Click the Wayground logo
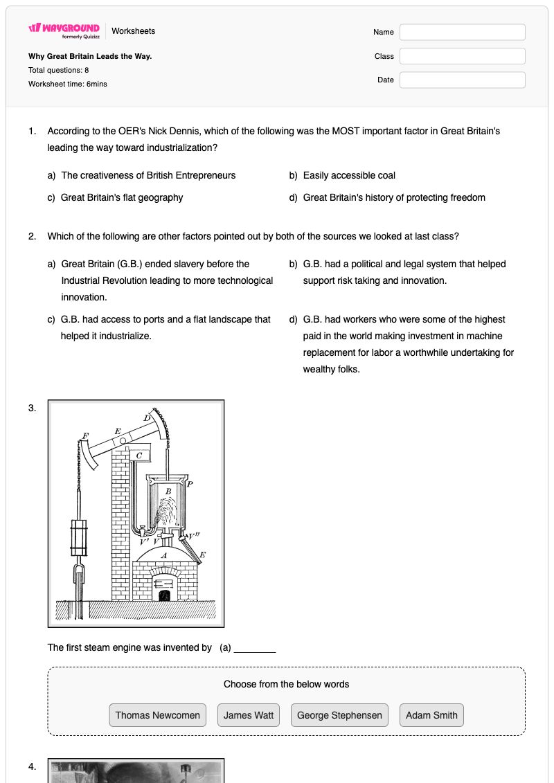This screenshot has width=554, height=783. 64,30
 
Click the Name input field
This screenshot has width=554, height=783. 462,32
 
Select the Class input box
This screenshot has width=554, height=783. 462,56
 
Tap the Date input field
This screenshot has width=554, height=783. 462,80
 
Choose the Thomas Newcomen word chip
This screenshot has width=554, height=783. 157,715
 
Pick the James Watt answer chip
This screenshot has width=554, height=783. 249,715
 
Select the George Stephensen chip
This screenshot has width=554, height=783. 339,715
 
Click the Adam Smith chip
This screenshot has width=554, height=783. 431,715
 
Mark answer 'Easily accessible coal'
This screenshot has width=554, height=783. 349,175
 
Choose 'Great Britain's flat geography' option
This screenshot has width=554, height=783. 122,197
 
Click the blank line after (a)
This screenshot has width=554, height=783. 255,651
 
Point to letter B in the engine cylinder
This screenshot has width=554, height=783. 168,492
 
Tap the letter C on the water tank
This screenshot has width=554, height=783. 139,456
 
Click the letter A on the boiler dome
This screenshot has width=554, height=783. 163,555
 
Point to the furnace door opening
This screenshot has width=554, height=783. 164,595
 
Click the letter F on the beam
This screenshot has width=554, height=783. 85,436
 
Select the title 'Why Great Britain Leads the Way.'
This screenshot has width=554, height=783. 90,57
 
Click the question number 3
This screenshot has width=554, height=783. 33,408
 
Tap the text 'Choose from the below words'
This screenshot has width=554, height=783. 286,684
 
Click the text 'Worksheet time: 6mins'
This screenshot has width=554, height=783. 67,84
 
